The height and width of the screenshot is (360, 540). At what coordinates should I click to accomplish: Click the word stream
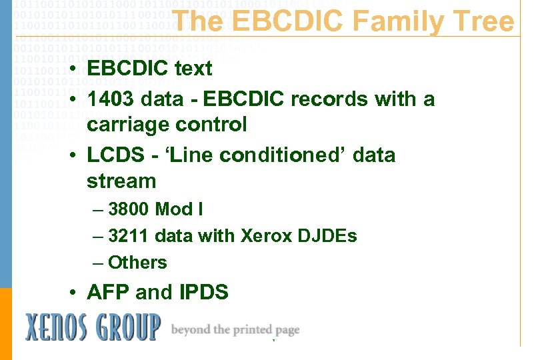point(121,181)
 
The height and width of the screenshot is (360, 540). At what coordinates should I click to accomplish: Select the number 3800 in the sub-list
point(129,209)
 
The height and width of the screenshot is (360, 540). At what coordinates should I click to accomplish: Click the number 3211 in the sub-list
point(129,236)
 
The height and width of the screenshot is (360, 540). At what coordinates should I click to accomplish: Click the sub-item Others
point(137,263)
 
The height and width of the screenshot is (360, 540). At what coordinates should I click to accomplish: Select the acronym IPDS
point(203,292)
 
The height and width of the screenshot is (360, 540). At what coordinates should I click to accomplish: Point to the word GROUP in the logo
point(128,328)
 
